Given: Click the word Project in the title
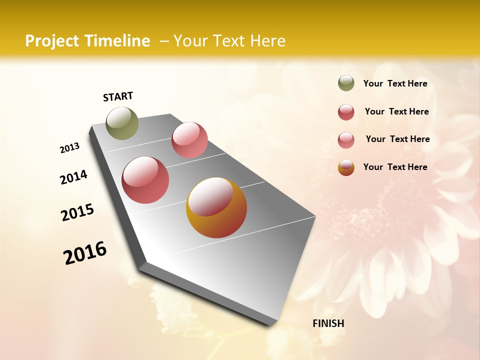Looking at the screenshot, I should coord(51,41).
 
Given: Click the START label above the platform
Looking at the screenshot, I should coord(118,96).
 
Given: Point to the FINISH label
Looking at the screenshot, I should coord(328,323).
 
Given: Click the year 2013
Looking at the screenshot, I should coord(70,148).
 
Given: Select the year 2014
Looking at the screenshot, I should coord(74,177).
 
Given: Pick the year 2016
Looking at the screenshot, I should coord(85,253).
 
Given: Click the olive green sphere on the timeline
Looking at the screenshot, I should coord(122,123).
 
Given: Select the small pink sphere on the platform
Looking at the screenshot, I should coord(189,140).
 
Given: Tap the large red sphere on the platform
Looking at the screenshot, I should coord(145,180).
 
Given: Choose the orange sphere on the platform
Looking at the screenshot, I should coord(216,207).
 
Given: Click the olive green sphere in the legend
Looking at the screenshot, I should coord(346,83).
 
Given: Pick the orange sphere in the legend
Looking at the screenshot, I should coord(346,167).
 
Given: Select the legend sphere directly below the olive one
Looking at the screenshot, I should coord(346,112).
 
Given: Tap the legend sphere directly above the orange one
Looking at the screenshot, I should coord(346,140).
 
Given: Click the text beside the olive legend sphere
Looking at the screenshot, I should coord(395,83).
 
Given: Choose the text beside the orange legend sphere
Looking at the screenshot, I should coord(395,167).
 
